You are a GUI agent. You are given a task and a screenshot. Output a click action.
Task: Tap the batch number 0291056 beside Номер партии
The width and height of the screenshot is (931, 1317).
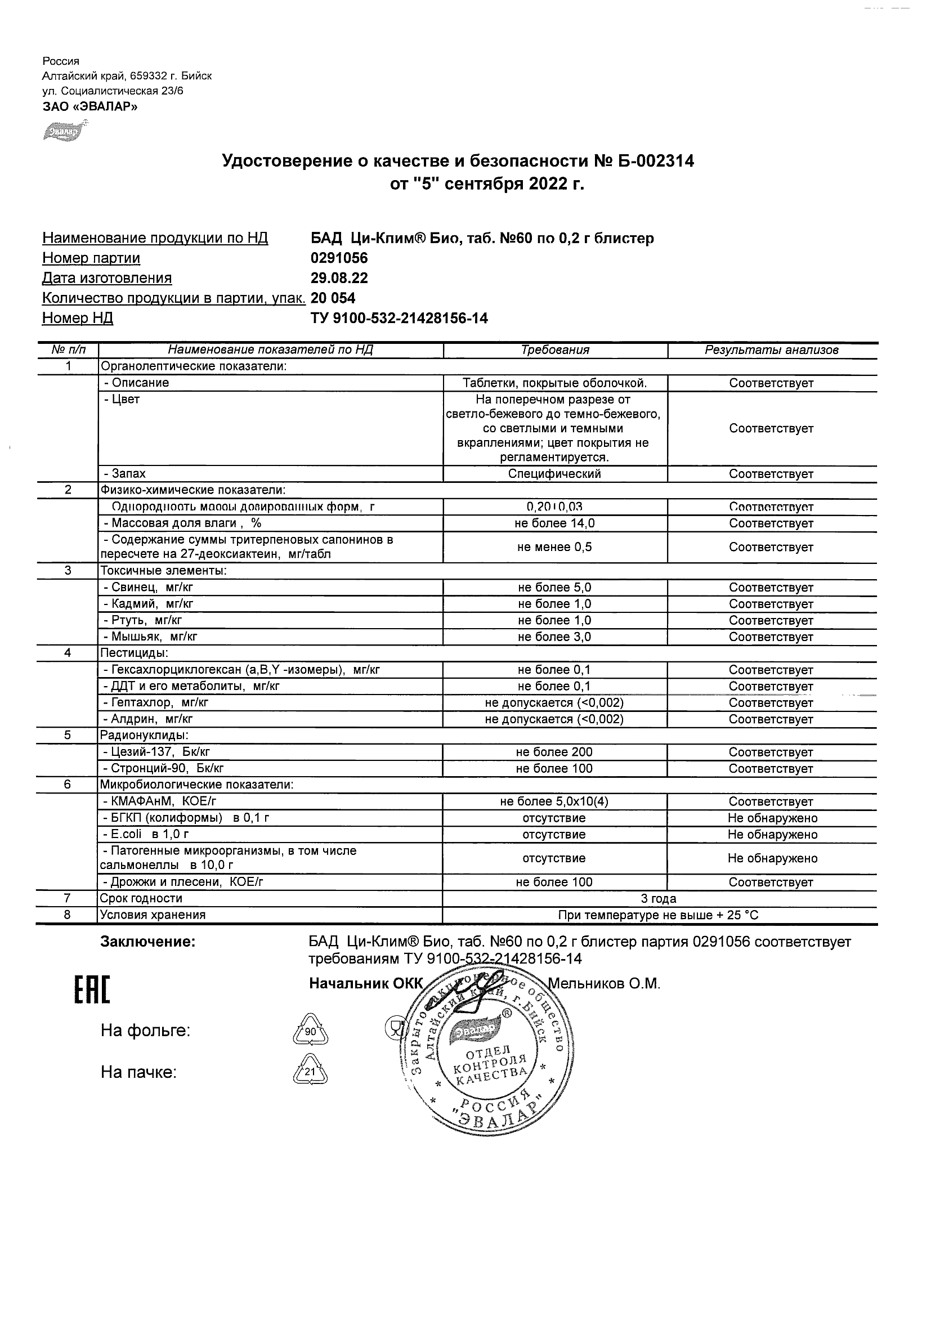coord(339,258)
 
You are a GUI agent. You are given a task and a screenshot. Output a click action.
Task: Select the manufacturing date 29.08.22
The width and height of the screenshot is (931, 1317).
coord(339,278)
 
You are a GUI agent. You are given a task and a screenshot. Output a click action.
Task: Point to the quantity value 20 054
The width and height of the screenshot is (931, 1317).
coord(333,298)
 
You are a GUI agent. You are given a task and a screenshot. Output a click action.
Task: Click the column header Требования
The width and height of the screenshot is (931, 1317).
coord(554,350)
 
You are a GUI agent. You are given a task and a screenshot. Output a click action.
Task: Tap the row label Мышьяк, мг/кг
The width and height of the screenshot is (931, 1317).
coord(150,637)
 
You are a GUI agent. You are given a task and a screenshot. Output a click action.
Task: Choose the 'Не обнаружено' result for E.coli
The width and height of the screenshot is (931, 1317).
coord(772,835)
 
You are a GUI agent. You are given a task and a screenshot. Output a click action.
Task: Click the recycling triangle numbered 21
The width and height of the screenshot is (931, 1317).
coord(310,1072)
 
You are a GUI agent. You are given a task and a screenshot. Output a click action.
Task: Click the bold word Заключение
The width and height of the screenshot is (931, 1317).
coord(147,942)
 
